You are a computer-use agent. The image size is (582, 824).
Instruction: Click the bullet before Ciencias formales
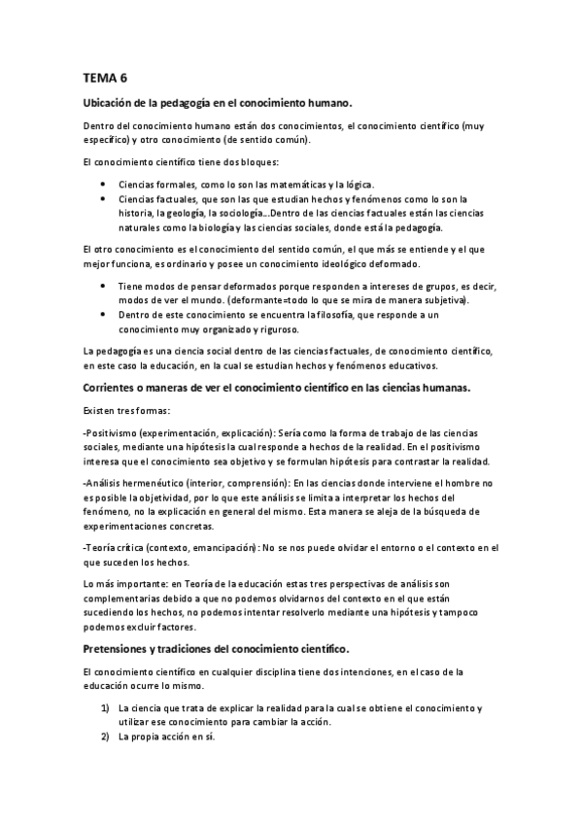pos(103,184)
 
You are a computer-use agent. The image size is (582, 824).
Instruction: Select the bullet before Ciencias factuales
pos(103,198)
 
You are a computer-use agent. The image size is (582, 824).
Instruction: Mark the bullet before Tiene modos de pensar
pos(103,286)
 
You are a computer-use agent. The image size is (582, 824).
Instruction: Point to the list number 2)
pos(105,737)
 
